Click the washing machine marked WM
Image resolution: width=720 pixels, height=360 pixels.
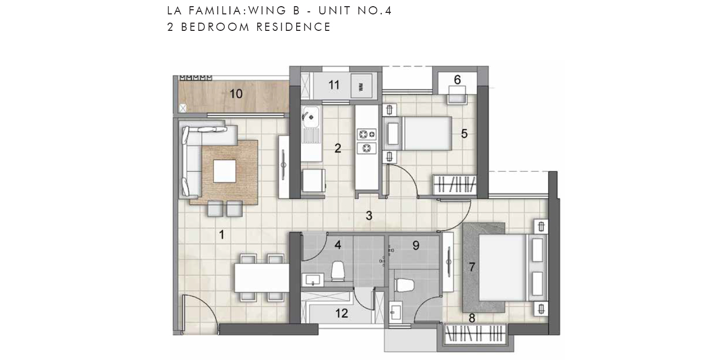point(362,86)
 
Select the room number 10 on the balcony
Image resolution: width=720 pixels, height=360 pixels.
point(236,94)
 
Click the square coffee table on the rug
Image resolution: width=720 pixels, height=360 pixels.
point(225,171)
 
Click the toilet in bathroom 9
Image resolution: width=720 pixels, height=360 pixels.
point(404,285)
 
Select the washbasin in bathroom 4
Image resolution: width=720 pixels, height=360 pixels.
point(313,280)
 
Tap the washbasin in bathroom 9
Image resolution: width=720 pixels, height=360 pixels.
point(395,311)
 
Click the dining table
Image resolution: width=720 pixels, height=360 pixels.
point(262,278)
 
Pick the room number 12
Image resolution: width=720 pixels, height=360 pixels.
point(341,313)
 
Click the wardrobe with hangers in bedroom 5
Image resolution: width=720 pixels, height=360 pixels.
point(455,185)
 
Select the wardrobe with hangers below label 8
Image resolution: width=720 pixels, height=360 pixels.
point(475,333)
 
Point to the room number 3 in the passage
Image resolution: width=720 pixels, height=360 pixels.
point(369,215)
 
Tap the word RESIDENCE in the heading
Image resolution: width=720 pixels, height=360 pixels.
point(293,27)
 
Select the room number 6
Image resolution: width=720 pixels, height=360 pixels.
point(457,80)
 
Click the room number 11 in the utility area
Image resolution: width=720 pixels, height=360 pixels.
point(334,85)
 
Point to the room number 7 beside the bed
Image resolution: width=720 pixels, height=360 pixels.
point(472,267)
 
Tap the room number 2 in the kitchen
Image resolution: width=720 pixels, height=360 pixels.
point(337,148)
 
